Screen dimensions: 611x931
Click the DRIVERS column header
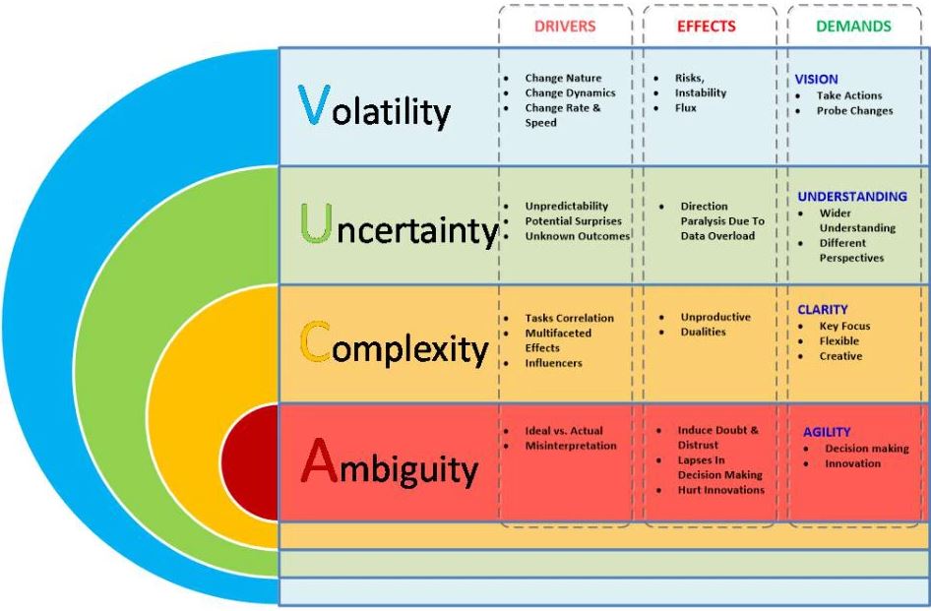(x=565, y=27)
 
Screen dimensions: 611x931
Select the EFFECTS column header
(x=706, y=27)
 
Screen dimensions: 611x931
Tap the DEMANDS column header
(x=853, y=27)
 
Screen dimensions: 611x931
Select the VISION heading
(x=817, y=79)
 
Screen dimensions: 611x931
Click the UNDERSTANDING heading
(x=852, y=197)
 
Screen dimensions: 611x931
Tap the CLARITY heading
(x=823, y=310)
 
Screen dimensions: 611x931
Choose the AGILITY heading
(x=827, y=432)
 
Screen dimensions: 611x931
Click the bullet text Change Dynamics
(x=570, y=93)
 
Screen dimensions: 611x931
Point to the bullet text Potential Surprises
(x=573, y=221)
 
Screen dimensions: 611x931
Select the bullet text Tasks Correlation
(x=569, y=318)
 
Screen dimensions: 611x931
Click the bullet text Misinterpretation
(x=571, y=446)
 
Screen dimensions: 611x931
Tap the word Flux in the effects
(x=685, y=107)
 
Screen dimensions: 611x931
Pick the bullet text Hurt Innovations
(x=720, y=490)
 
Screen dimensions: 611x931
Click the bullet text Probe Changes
(x=854, y=110)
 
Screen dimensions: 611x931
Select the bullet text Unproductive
(x=715, y=317)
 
